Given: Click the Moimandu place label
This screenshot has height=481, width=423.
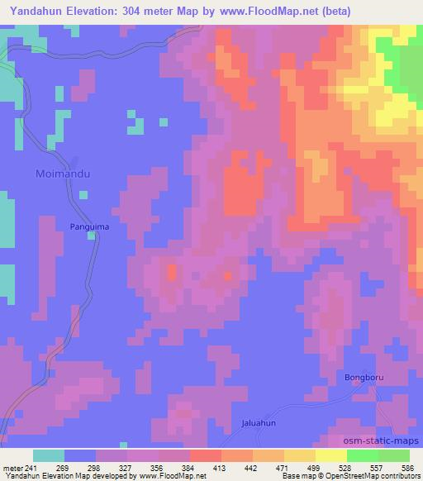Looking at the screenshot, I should pos(63,174).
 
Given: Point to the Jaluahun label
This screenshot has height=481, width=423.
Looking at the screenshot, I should pos(258,422).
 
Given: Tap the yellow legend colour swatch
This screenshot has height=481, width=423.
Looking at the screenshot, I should pos(331,455).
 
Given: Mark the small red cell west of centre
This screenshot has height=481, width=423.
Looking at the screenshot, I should pos(172,271).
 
